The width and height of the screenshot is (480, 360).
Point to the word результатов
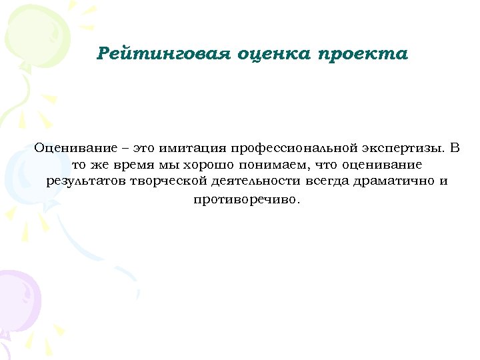click(x=86, y=182)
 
